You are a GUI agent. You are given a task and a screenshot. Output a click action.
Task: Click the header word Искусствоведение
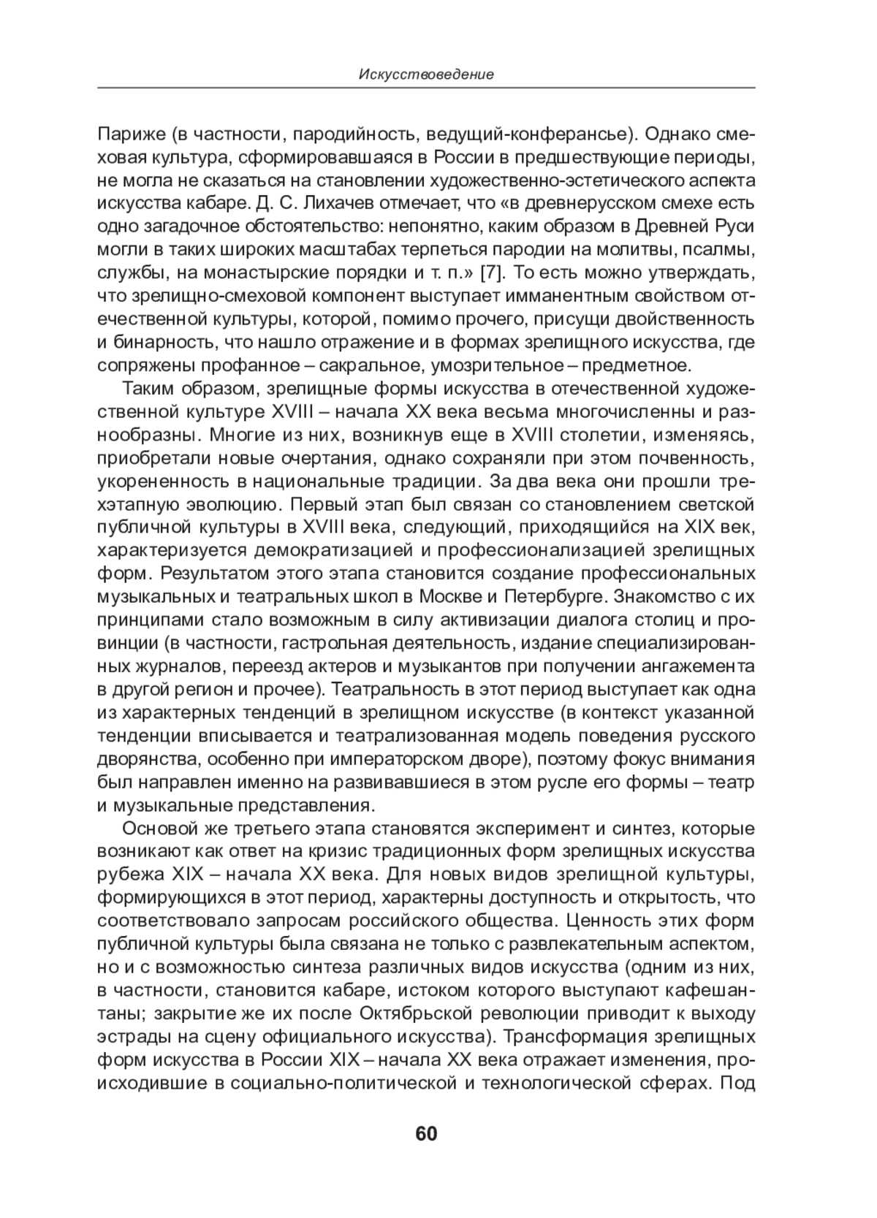(426, 75)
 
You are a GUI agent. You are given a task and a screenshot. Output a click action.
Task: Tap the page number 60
(426, 1134)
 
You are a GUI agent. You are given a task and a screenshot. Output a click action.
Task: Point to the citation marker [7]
(490, 273)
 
